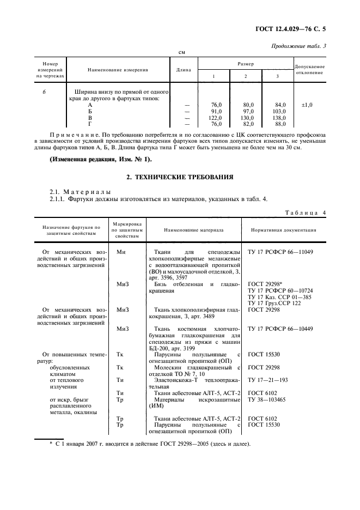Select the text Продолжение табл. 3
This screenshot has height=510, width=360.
click(x=298, y=46)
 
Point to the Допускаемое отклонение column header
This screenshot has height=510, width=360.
click(x=309, y=70)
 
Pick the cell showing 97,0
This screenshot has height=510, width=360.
click(x=249, y=111)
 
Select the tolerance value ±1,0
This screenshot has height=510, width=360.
click(x=307, y=104)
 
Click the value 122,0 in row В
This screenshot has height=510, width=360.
click(x=216, y=118)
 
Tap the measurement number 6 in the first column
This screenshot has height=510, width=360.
click(x=44, y=92)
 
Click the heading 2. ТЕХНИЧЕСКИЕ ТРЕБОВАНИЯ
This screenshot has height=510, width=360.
click(x=180, y=177)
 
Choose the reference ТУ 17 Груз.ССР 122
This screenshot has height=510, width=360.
click(x=274, y=303)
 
